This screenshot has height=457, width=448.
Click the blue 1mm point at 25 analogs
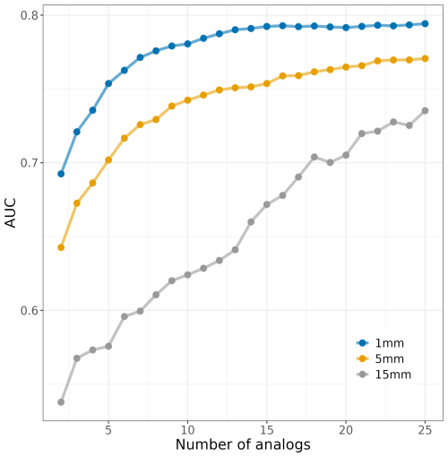click(425, 23)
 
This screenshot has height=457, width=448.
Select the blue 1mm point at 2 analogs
click(61, 174)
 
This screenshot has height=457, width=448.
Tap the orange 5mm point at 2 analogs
click(61, 247)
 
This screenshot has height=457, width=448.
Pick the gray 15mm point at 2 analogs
click(61, 402)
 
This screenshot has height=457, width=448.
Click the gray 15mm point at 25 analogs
click(425, 110)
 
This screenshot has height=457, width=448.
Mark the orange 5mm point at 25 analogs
click(425, 58)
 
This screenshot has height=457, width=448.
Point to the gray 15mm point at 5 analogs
click(108, 346)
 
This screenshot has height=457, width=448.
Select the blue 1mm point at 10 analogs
click(187, 43)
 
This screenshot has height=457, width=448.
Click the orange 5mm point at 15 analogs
click(267, 83)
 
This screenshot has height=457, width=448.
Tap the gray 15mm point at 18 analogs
click(314, 157)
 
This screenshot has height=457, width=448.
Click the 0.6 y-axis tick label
click(26, 311)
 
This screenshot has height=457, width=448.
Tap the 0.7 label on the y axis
click(26, 163)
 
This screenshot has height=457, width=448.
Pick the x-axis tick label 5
click(108, 429)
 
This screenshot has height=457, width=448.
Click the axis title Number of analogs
click(243, 444)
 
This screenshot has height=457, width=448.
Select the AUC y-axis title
click(10, 213)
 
